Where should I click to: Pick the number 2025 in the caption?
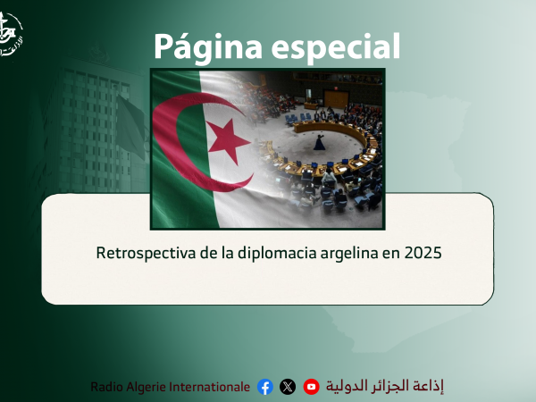click(x=423, y=253)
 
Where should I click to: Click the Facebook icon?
click(x=264, y=387)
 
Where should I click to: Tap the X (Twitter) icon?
click(x=287, y=387)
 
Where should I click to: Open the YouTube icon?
click(x=311, y=387)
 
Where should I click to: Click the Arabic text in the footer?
click(x=384, y=386)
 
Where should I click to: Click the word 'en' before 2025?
click(x=390, y=253)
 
